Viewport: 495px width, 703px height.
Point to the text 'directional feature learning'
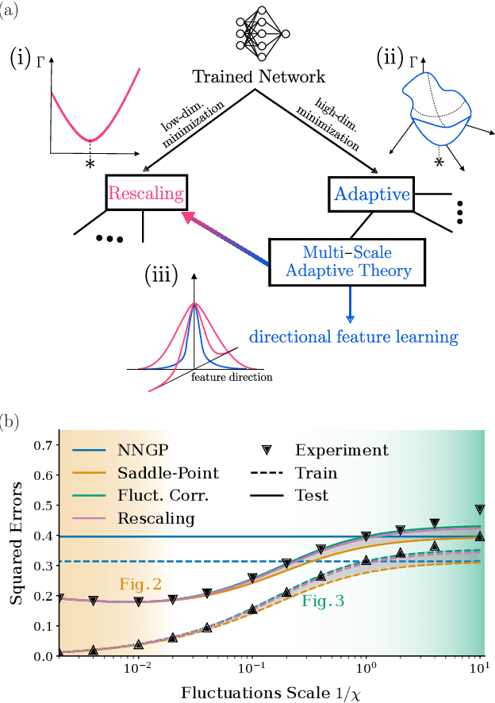[x=353, y=336]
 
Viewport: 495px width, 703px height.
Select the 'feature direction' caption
[x=231, y=377]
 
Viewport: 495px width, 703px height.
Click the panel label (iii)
[x=160, y=278]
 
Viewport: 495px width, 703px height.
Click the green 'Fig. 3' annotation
[x=322, y=601]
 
